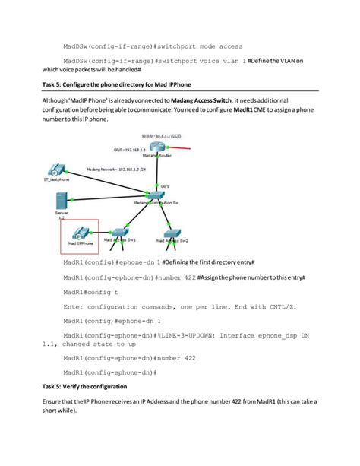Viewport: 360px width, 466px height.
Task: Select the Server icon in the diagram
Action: coord(61,200)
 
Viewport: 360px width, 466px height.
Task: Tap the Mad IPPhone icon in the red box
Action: coord(79,233)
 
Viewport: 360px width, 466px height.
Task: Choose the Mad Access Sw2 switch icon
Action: coord(172,233)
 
